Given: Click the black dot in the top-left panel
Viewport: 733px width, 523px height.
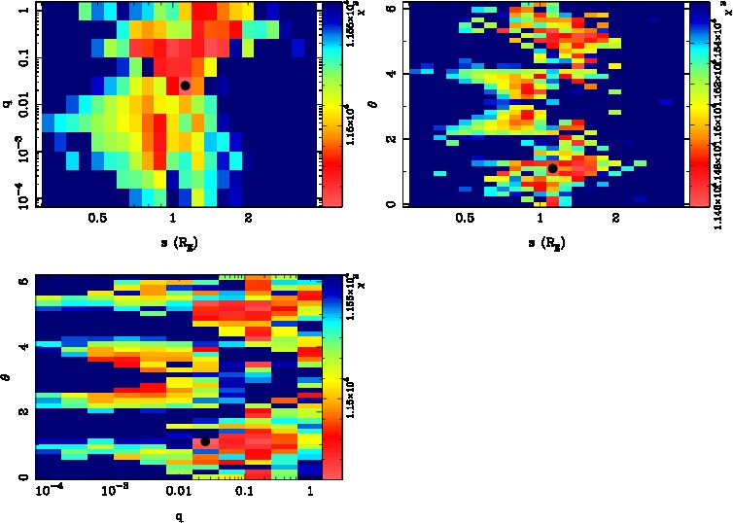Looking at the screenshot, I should pyautogui.click(x=185, y=86).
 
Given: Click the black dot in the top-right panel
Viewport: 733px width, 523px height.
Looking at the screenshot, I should pyautogui.click(x=552, y=168).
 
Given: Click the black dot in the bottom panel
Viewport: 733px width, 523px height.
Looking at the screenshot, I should pyautogui.click(x=205, y=441).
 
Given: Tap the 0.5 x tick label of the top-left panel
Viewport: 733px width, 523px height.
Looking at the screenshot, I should pyautogui.click(x=96, y=221).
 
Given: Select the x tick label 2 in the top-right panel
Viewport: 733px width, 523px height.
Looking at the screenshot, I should pyautogui.click(x=616, y=221).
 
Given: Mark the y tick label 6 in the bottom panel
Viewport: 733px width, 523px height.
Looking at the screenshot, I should pyautogui.click(x=24, y=280).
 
